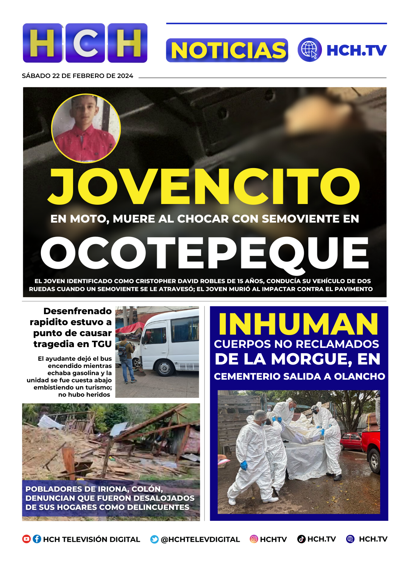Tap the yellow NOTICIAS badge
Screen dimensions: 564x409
(227, 50)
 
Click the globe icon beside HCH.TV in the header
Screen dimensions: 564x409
(309, 50)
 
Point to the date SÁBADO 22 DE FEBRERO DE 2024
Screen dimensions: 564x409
(78, 76)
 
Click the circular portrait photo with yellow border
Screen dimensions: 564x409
(86, 128)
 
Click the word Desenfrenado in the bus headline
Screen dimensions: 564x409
(77, 311)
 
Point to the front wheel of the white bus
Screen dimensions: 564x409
(165, 368)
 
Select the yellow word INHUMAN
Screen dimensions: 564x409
(298, 324)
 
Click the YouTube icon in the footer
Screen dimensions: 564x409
(27, 539)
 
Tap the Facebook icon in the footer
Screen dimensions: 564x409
(37, 539)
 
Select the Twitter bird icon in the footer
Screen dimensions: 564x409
(155, 539)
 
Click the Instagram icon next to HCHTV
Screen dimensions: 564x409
(254, 539)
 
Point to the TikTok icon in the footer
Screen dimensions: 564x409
(301, 539)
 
